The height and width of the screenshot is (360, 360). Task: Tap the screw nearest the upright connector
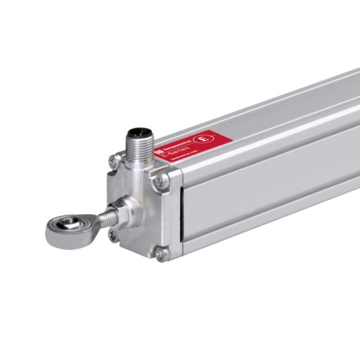point(114,160)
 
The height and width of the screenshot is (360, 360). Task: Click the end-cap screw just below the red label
point(160,181)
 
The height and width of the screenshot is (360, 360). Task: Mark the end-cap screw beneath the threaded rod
point(113,235)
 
